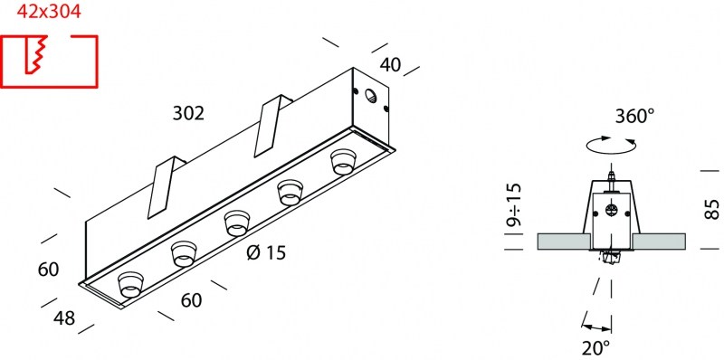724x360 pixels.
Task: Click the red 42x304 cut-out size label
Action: tap(49, 12)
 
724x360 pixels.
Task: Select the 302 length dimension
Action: tap(188, 113)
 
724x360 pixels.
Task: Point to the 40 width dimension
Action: tap(391, 65)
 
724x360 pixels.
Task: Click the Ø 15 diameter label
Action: tap(266, 252)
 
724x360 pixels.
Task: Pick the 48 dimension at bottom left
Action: tap(64, 317)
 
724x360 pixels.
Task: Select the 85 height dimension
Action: tap(712, 209)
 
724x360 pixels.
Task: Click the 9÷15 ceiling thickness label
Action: tap(513, 204)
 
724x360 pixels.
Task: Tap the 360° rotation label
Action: tap(635, 116)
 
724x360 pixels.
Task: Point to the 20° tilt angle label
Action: tap(596, 347)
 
